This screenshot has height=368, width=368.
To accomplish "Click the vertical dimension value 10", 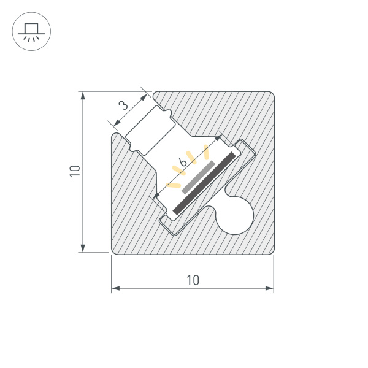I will pos(75,171).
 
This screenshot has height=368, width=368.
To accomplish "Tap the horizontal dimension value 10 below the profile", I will pos(193,280).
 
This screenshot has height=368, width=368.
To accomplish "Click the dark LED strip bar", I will pos(205,183).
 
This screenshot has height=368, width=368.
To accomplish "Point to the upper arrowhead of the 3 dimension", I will pos(146,95).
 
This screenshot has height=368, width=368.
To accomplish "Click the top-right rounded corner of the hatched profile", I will pos(269,96).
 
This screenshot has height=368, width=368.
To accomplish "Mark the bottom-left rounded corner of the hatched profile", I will pos(115,250).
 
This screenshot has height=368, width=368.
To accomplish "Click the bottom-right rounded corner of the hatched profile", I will pos(269,250).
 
